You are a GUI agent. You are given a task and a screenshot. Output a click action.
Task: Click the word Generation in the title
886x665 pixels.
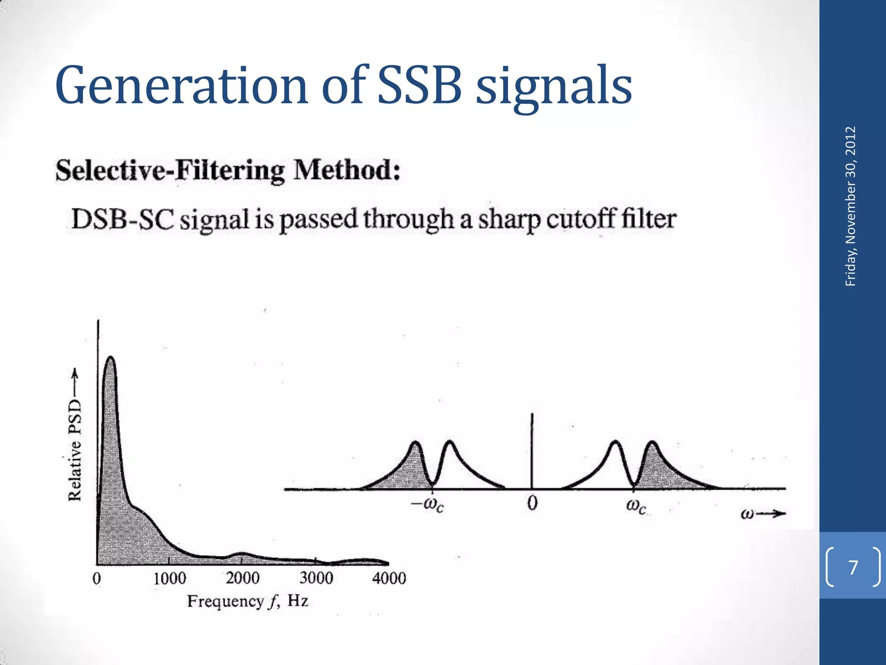click(181, 86)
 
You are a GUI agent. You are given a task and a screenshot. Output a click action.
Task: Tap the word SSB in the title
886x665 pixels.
click(419, 86)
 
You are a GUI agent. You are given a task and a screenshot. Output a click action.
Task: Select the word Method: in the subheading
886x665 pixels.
click(347, 171)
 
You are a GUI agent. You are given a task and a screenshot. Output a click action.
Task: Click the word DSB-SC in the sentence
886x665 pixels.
click(123, 219)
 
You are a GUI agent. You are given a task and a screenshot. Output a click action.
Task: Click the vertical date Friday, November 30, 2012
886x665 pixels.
click(851, 206)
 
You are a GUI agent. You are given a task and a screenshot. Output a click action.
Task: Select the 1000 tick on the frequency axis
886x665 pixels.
click(170, 578)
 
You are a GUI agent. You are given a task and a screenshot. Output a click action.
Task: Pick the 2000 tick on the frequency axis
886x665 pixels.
click(243, 578)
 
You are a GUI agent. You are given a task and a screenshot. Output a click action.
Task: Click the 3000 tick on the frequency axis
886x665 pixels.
click(316, 578)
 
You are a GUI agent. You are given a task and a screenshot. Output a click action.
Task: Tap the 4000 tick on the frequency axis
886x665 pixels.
click(389, 578)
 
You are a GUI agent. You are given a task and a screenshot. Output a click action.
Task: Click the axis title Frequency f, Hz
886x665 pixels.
click(247, 601)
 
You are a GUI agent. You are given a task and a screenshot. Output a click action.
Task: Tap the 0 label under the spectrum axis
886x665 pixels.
click(532, 504)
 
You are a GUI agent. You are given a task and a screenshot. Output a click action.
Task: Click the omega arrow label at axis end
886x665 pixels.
click(762, 514)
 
